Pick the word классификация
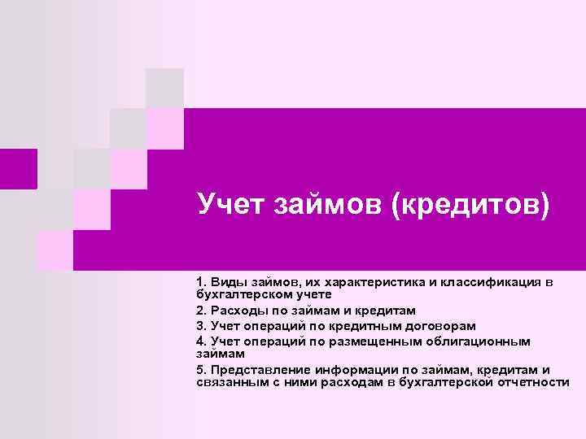coord(492,282)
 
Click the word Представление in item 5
coord(254,369)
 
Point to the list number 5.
coord(200,369)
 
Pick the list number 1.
coord(200,282)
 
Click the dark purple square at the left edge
coord(18,169)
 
